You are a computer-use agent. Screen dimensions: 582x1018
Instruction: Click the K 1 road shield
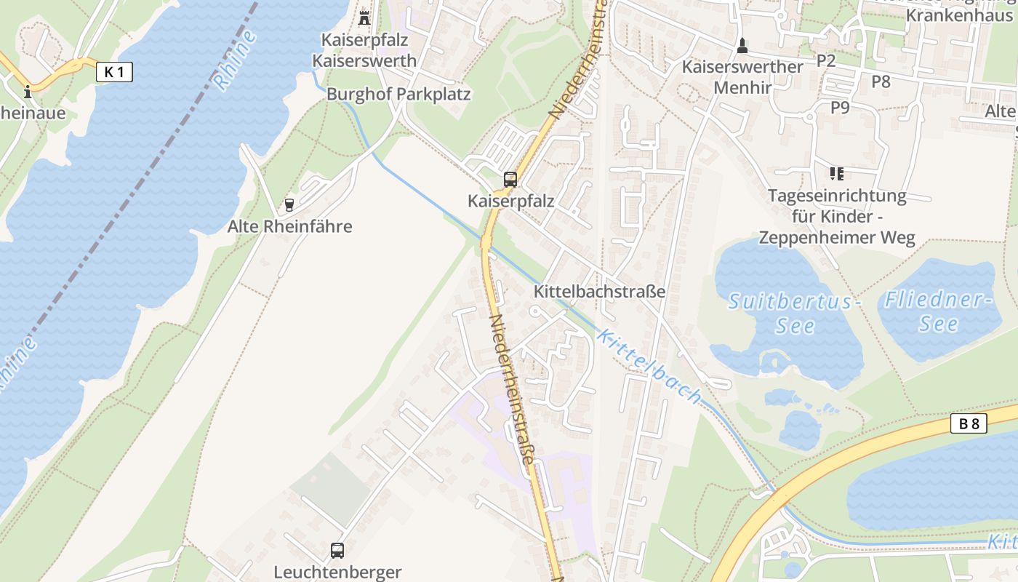click(x=114, y=71)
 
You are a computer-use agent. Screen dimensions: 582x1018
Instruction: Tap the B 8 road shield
click(x=969, y=423)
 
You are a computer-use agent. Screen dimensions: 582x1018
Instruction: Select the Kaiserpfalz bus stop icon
click(x=510, y=180)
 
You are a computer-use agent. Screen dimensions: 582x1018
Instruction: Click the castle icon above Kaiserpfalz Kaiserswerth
click(x=364, y=17)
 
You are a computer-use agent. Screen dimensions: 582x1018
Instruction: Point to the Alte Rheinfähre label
click(x=289, y=226)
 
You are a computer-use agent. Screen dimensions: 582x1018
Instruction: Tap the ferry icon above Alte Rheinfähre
click(x=289, y=205)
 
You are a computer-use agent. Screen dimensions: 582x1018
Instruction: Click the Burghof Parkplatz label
click(x=398, y=94)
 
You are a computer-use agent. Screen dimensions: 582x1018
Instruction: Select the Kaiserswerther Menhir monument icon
click(x=742, y=46)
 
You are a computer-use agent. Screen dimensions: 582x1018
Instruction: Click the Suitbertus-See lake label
click(x=794, y=313)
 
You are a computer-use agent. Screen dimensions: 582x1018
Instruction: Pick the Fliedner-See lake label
click(x=938, y=311)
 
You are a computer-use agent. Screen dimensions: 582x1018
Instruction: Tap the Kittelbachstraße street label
click(x=599, y=292)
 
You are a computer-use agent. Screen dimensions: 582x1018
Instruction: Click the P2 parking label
click(x=826, y=60)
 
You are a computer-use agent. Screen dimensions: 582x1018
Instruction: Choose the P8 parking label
click(x=881, y=81)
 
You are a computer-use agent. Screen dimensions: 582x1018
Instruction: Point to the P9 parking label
click(x=840, y=108)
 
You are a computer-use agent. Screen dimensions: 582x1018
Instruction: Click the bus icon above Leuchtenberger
click(x=337, y=550)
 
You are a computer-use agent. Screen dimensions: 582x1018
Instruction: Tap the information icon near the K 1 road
click(x=28, y=92)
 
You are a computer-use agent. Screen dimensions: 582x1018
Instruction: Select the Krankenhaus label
click(x=959, y=15)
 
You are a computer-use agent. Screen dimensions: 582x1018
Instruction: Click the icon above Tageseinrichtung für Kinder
click(x=836, y=174)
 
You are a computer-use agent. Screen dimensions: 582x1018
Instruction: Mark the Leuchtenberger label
click(x=337, y=572)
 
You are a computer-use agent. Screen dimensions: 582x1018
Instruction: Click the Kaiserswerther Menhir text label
click(x=742, y=77)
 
